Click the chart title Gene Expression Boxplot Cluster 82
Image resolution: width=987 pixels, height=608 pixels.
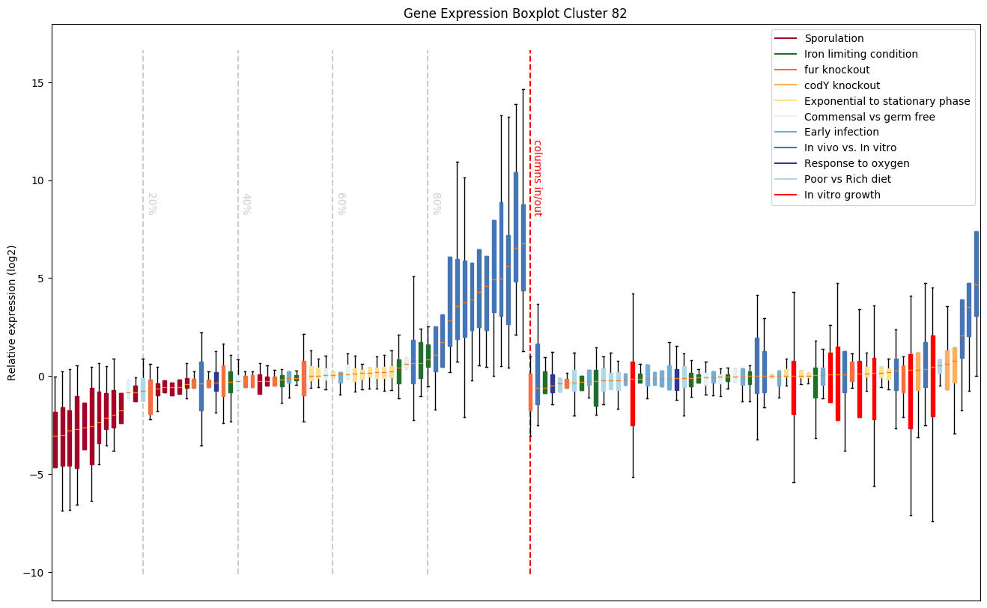515,13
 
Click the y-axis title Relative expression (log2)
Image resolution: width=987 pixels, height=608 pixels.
12,312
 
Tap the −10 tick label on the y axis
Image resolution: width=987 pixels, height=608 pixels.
34,572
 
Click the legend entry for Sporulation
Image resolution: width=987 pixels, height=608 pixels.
833,38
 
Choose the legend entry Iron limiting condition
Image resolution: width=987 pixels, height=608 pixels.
860,54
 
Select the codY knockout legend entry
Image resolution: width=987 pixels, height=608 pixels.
842,85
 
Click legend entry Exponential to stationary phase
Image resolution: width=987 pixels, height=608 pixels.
887,101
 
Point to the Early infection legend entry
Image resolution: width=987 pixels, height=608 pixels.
841,133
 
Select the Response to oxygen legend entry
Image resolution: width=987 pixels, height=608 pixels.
857,163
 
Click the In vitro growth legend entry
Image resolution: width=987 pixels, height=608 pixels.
842,195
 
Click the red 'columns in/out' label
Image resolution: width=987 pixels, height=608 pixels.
537,178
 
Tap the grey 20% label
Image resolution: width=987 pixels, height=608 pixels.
151,204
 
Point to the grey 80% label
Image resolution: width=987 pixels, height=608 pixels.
435,204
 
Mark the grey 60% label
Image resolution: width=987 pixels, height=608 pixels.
340,204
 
